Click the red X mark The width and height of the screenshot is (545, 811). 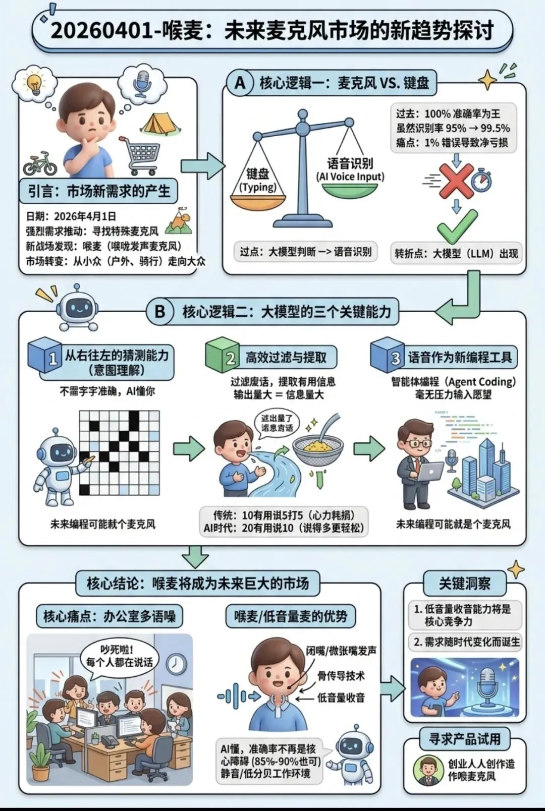[456, 180]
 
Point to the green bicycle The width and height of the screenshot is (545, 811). [40, 163]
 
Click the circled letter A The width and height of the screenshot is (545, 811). [240, 83]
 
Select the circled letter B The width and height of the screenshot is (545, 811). [160, 311]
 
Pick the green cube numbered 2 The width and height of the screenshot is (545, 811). [223, 356]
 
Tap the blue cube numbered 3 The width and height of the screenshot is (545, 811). [388, 356]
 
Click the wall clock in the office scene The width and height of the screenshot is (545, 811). [176, 664]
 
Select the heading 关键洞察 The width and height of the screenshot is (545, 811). [464, 584]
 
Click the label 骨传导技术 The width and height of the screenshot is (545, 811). [341, 676]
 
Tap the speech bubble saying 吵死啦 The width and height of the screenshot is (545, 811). [120, 656]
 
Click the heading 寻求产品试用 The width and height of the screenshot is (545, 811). [464, 739]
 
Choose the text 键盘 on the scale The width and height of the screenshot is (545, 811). [257, 174]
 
